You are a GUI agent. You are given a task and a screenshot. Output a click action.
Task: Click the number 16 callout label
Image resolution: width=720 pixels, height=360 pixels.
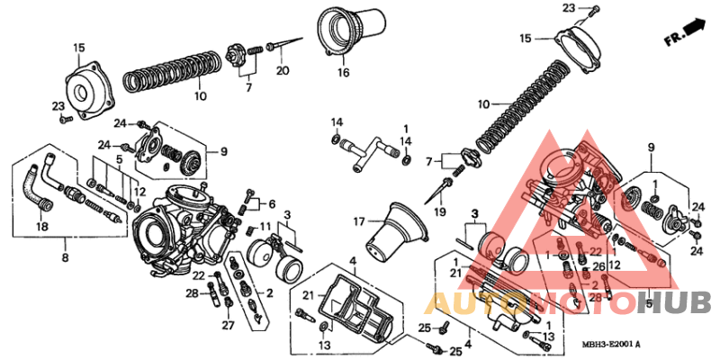(x=343, y=73)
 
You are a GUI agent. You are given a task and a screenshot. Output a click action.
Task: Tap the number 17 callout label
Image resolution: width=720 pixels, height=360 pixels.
(x=358, y=220)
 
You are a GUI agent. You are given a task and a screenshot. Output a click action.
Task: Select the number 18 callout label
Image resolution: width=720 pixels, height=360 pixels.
(x=41, y=227)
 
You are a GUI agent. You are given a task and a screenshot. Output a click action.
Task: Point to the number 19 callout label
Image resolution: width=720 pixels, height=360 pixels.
(x=440, y=211)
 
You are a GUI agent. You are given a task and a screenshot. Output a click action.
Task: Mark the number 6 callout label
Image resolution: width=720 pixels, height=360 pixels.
(x=272, y=203)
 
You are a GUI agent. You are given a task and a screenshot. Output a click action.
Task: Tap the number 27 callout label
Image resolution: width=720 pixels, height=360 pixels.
(x=229, y=325)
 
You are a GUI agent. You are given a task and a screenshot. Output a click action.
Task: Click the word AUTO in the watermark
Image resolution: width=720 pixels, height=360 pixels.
(x=466, y=303)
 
